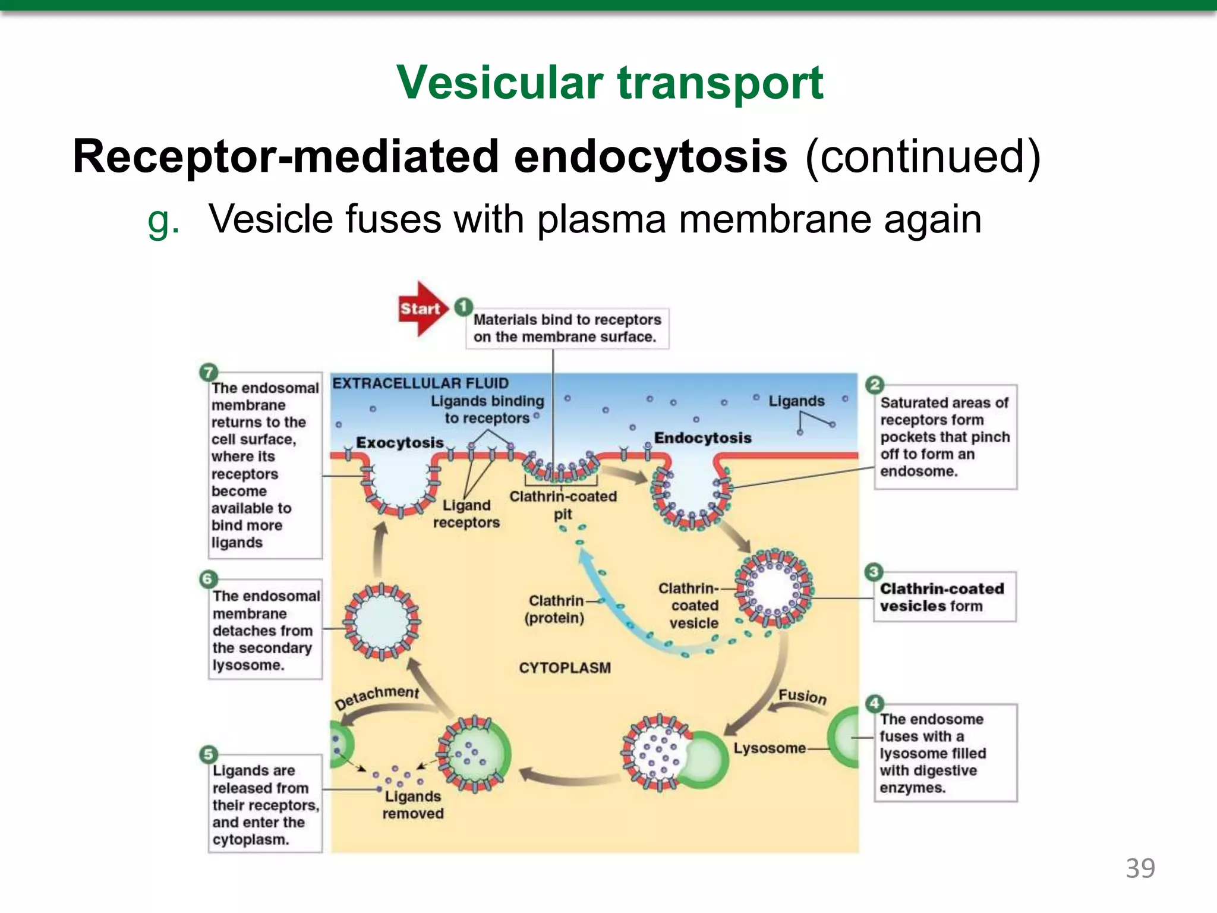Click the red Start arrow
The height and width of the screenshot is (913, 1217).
pos(421,308)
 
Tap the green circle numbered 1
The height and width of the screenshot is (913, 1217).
pos(464,307)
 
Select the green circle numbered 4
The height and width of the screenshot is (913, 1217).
pos(874,704)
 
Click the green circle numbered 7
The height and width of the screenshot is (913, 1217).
pos(208,373)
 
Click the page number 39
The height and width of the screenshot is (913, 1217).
pos(1140,868)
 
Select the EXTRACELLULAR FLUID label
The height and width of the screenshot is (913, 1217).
pos(420,383)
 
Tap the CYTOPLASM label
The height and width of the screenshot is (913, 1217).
pos(565,668)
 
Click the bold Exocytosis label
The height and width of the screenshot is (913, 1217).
pos(400,443)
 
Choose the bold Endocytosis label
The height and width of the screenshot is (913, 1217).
pos(702,438)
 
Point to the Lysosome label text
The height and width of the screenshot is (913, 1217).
pos(769,748)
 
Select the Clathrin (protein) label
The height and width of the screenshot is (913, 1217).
pos(555,609)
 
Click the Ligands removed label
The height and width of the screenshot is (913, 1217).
pos(413,805)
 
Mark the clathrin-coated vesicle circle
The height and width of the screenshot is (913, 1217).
pos(773,588)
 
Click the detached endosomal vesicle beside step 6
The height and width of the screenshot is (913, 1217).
pos(382,622)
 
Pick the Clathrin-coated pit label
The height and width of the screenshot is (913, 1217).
pos(563,505)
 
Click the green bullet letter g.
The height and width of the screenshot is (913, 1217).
pos(163,221)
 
